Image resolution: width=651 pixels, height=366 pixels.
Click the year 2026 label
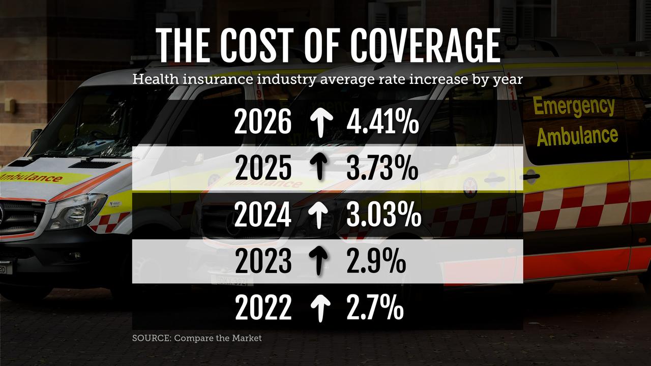pos(263,124)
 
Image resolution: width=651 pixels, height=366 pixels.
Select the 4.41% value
pos(382,124)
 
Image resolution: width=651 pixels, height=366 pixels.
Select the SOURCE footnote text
pos(197,338)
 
